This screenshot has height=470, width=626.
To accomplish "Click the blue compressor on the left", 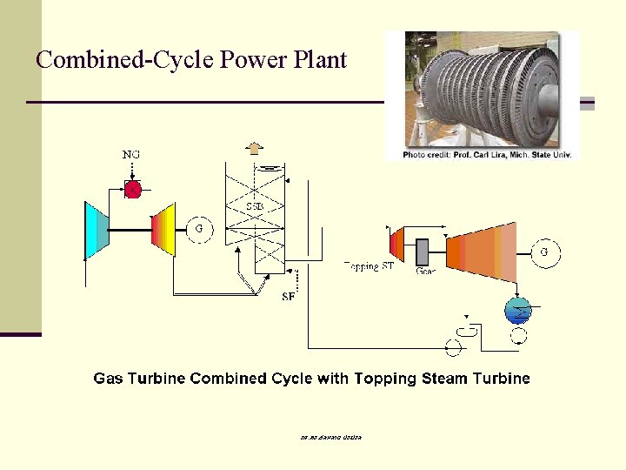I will [96, 231].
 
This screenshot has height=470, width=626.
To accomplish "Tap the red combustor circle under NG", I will [132, 189].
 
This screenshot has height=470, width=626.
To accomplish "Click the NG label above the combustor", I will [131, 155].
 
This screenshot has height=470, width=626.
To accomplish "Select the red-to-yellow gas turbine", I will [163, 231].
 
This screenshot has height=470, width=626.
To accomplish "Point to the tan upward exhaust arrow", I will [254, 147].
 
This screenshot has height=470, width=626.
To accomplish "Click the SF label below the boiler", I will [288, 297].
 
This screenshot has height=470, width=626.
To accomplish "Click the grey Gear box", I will [423, 252].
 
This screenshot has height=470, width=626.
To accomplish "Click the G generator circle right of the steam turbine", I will [545, 253].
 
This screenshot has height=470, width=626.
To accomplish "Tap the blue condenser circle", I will [519, 309].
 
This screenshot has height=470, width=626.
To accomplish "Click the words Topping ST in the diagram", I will [369, 266].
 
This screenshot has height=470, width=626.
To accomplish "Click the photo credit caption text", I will [482, 155].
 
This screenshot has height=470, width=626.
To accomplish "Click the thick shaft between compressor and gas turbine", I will [130, 231].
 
